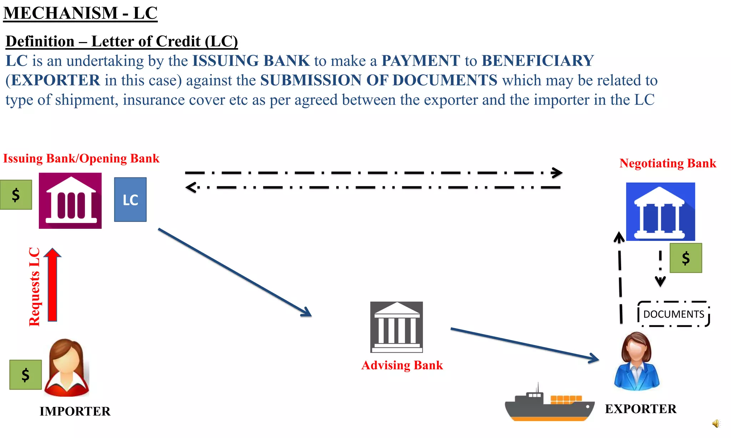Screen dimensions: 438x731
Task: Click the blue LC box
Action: (130, 200)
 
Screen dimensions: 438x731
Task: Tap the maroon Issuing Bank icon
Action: (70, 201)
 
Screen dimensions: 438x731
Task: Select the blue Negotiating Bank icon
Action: (660, 212)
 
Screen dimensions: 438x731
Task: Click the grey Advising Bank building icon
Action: (397, 327)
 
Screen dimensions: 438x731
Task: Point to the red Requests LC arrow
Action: (52, 285)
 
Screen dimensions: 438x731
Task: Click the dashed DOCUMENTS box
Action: (674, 314)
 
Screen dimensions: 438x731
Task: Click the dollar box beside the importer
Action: (25, 375)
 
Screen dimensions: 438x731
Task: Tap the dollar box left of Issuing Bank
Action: (16, 195)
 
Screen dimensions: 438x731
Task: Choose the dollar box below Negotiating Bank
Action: (686, 258)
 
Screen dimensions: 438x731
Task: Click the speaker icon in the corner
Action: (716, 423)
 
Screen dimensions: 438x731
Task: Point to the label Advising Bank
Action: (402, 365)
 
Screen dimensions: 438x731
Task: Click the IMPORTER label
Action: (75, 411)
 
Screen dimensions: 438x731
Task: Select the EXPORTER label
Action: (641, 409)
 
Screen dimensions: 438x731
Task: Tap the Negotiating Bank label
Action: (667, 163)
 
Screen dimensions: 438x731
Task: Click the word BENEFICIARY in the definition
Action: (538, 61)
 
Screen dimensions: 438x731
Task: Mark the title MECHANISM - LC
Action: (80, 13)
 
